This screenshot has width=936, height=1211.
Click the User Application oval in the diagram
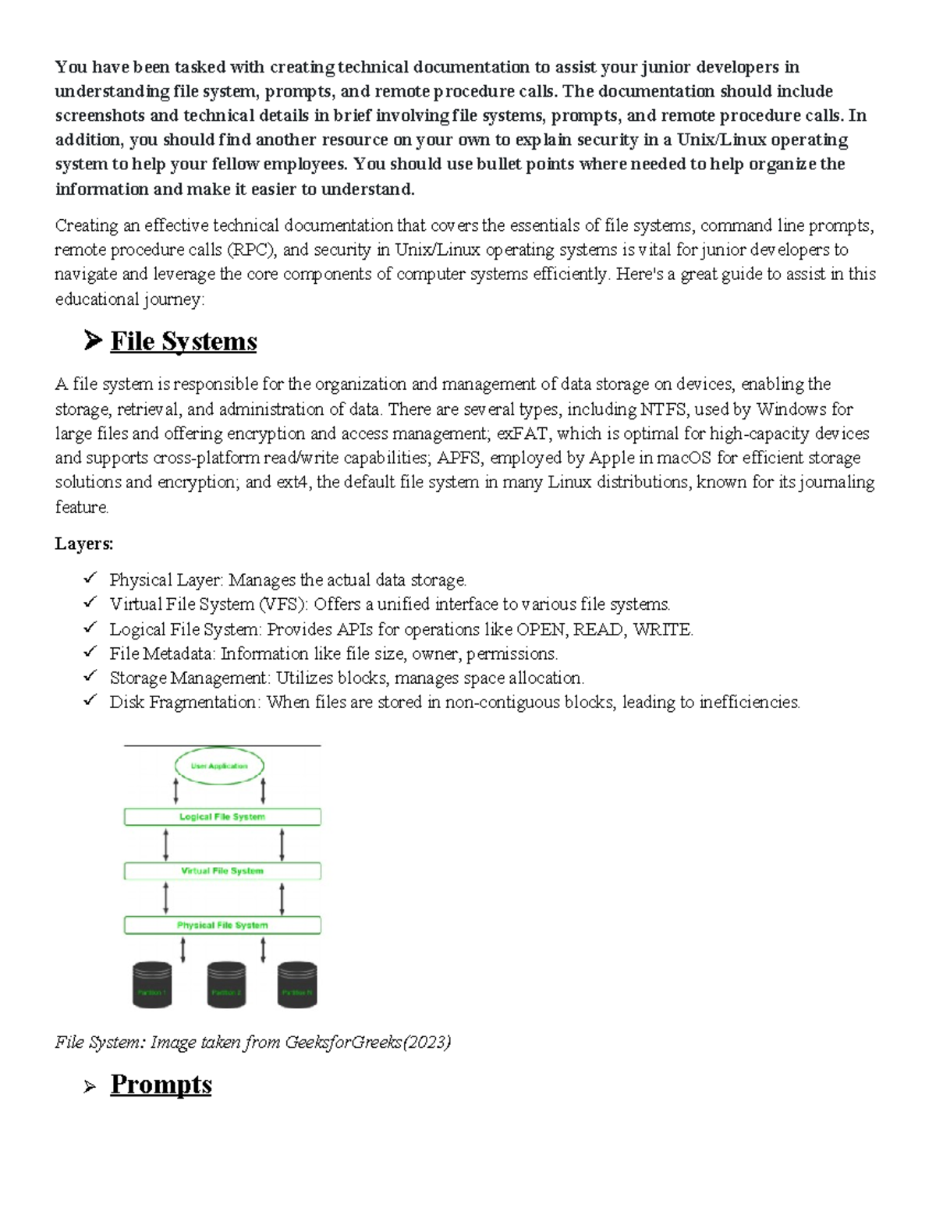point(219,766)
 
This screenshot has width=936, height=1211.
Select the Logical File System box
point(222,816)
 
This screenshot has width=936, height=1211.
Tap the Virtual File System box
point(222,871)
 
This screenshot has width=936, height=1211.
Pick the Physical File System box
point(222,926)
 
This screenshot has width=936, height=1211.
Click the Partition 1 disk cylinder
point(152,985)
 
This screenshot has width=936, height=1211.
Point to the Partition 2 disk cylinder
point(226,985)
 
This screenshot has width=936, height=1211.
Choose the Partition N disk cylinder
point(297,985)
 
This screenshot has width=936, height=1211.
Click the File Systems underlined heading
point(183,342)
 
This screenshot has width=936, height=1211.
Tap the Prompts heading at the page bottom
point(161,1085)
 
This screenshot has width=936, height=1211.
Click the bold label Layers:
point(84,544)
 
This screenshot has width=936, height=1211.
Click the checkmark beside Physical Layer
point(90,579)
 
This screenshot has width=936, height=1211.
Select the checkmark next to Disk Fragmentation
point(90,700)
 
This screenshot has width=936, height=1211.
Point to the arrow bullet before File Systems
point(92,341)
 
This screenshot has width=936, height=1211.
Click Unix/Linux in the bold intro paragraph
point(721,140)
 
